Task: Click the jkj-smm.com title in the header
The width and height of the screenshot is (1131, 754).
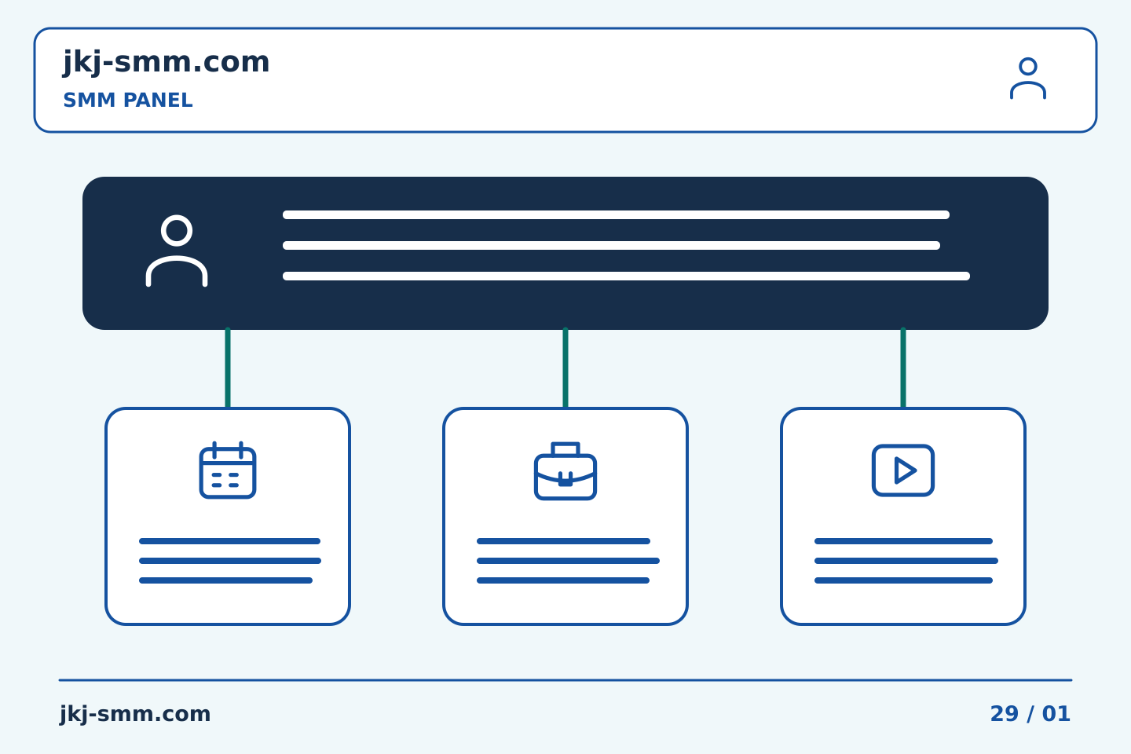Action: pyautogui.click(x=167, y=63)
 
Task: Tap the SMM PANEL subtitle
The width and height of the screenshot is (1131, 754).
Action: pyautogui.click(x=128, y=100)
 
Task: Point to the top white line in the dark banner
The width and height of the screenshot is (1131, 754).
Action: pyautogui.click(x=616, y=214)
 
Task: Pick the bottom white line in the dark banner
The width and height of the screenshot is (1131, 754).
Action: pyautogui.click(x=626, y=276)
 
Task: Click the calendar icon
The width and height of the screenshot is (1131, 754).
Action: pyautogui.click(x=228, y=470)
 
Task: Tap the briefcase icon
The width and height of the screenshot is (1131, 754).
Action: pyautogui.click(x=565, y=471)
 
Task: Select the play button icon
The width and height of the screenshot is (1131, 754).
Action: pyautogui.click(x=903, y=470)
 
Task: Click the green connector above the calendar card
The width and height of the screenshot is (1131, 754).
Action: pyautogui.click(x=228, y=368)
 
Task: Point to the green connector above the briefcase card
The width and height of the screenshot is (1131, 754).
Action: pyautogui.click(x=565, y=368)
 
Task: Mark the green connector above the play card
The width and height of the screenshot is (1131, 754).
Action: pyautogui.click(x=903, y=368)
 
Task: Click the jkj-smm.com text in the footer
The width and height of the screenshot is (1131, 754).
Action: pyautogui.click(x=135, y=714)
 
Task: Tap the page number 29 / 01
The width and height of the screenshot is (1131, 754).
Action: pyautogui.click(x=1030, y=714)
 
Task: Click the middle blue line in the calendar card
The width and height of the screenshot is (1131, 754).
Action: pyautogui.click(x=230, y=561)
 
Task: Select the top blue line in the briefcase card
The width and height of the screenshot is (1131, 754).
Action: pyautogui.click(x=563, y=541)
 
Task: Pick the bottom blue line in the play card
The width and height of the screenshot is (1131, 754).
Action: pyautogui.click(x=904, y=580)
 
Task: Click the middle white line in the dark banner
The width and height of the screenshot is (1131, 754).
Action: pyautogui.click(x=611, y=245)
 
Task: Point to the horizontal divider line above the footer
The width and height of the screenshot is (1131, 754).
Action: pyautogui.click(x=565, y=680)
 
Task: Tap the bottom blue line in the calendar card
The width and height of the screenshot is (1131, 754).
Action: pyautogui.click(x=225, y=580)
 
